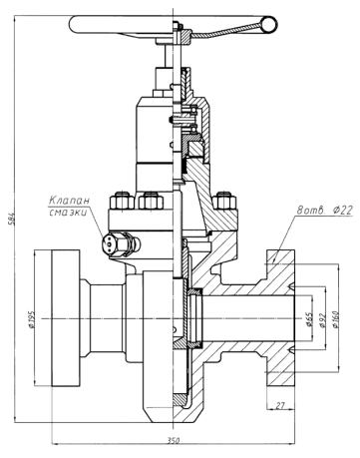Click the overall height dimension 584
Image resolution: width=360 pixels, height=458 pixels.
[10, 218]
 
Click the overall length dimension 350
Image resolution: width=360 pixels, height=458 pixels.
[174, 441]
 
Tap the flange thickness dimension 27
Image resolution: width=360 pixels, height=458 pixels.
[280, 405]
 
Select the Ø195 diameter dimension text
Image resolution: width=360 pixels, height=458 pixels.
[32, 319]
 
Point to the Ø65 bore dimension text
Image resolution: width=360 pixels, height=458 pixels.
[309, 319]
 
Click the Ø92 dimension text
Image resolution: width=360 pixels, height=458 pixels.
[322, 320]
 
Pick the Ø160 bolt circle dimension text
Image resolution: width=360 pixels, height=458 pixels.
[335, 319]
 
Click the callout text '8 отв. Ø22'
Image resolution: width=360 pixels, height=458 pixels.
[325, 210]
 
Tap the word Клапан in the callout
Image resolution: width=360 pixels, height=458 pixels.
[69, 201]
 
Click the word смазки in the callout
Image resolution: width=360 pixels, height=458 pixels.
[68, 212]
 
